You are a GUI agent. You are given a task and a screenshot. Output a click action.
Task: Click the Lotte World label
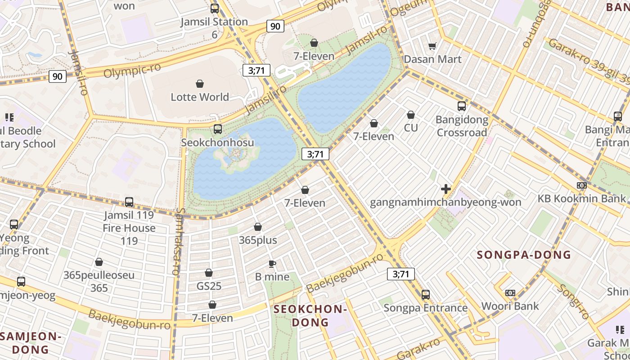click(x=200, y=97)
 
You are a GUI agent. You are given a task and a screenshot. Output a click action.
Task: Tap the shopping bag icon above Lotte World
click(x=200, y=84)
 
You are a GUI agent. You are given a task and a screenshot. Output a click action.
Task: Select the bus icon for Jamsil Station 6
click(x=215, y=8)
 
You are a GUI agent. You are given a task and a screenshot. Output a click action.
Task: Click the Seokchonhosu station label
click(x=217, y=142)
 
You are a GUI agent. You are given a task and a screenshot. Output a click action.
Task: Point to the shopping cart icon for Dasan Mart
click(x=432, y=45)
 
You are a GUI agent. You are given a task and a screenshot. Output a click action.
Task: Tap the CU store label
click(x=410, y=128)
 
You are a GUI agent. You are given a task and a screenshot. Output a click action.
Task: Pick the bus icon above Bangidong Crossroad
click(x=462, y=106)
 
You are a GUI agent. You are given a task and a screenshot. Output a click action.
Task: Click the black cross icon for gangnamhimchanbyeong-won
click(x=446, y=189)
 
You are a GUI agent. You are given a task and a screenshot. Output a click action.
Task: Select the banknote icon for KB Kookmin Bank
click(x=582, y=185)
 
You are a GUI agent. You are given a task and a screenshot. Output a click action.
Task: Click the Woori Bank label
click(x=510, y=306)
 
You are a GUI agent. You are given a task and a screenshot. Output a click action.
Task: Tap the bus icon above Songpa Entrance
click(x=425, y=295)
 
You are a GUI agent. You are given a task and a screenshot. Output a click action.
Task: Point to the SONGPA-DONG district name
click(x=524, y=255)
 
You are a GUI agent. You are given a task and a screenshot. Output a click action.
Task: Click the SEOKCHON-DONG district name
click(x=310, y=315)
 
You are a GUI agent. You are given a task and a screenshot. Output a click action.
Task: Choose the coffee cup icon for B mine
click(x=272, y=264)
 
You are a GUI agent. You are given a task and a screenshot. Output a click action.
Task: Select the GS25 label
click(x=209, y=286)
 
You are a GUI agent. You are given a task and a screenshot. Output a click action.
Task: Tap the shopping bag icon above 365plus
click(x=258, y=227)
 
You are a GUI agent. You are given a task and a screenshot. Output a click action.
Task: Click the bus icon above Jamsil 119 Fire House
click(x=129, y=202)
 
